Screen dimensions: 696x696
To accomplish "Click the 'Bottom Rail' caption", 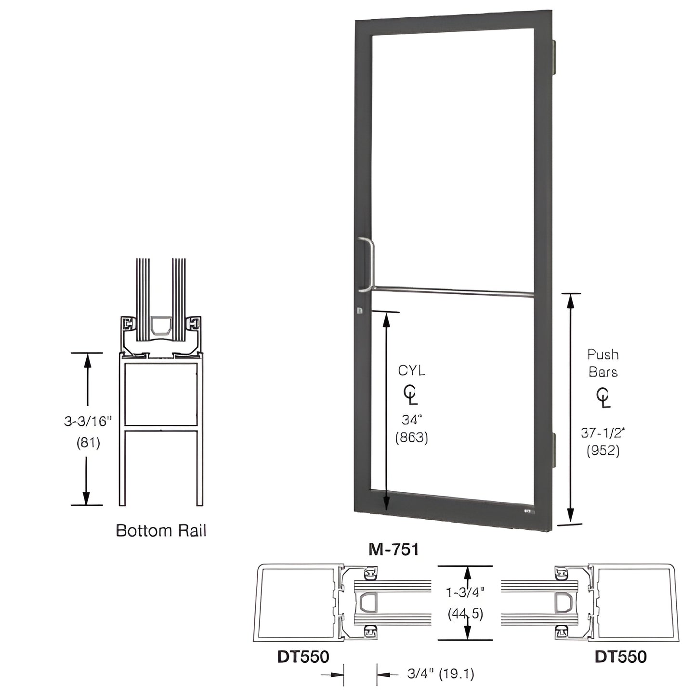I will coord(161,530).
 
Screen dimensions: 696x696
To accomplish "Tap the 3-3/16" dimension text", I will coord(88,421).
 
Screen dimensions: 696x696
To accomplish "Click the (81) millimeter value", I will coord(88,442).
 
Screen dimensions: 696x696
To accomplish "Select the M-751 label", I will coord(393,549).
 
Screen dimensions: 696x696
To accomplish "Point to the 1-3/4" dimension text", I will coord(465,591).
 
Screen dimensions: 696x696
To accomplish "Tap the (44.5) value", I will coord(465,614).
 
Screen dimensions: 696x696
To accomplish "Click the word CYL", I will coord(411,370).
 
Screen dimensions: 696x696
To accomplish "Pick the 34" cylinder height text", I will coord(411,420).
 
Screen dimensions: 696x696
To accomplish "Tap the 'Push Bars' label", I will coord(603,363).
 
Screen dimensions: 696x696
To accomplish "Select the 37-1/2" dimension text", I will coord(603,433).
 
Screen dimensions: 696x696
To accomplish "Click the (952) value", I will coord(603,450).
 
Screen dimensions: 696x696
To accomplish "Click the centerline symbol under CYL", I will coord(410,395).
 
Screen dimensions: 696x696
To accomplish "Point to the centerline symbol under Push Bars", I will coord(603,397).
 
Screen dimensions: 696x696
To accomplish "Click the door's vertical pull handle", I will coord(369,264).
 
